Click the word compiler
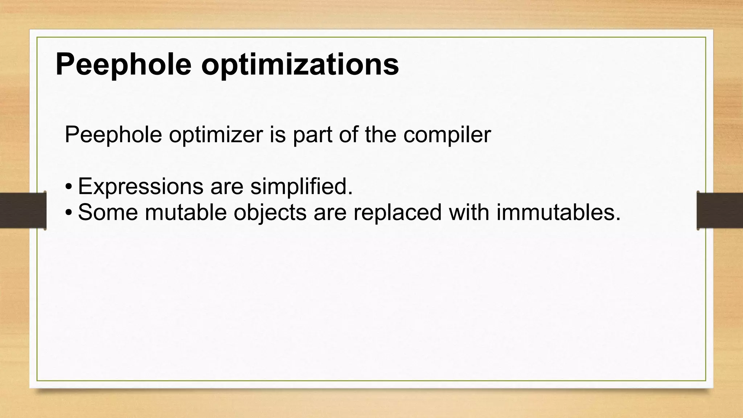(447, 135)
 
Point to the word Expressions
(140, 187)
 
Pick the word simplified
(301, 187)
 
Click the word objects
(270, 212)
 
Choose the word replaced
(397, 212)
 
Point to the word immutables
(558, 212)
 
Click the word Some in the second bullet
(108, 212)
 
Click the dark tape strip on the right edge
(720, 210)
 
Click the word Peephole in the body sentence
(113, 135)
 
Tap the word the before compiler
(381, 135)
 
